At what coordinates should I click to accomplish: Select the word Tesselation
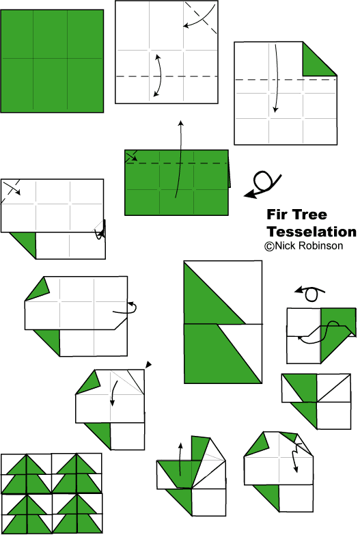click(311, 232)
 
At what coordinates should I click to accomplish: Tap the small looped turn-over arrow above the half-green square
click(310, 294)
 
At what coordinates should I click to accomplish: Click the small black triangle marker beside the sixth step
click(148, 364)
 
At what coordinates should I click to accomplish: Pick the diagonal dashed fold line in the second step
click(201, 18)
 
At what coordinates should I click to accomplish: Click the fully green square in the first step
click(52, 61)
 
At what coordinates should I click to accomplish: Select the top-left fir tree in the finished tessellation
click(27, 474)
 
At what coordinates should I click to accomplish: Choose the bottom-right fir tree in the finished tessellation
click(77, 514)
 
